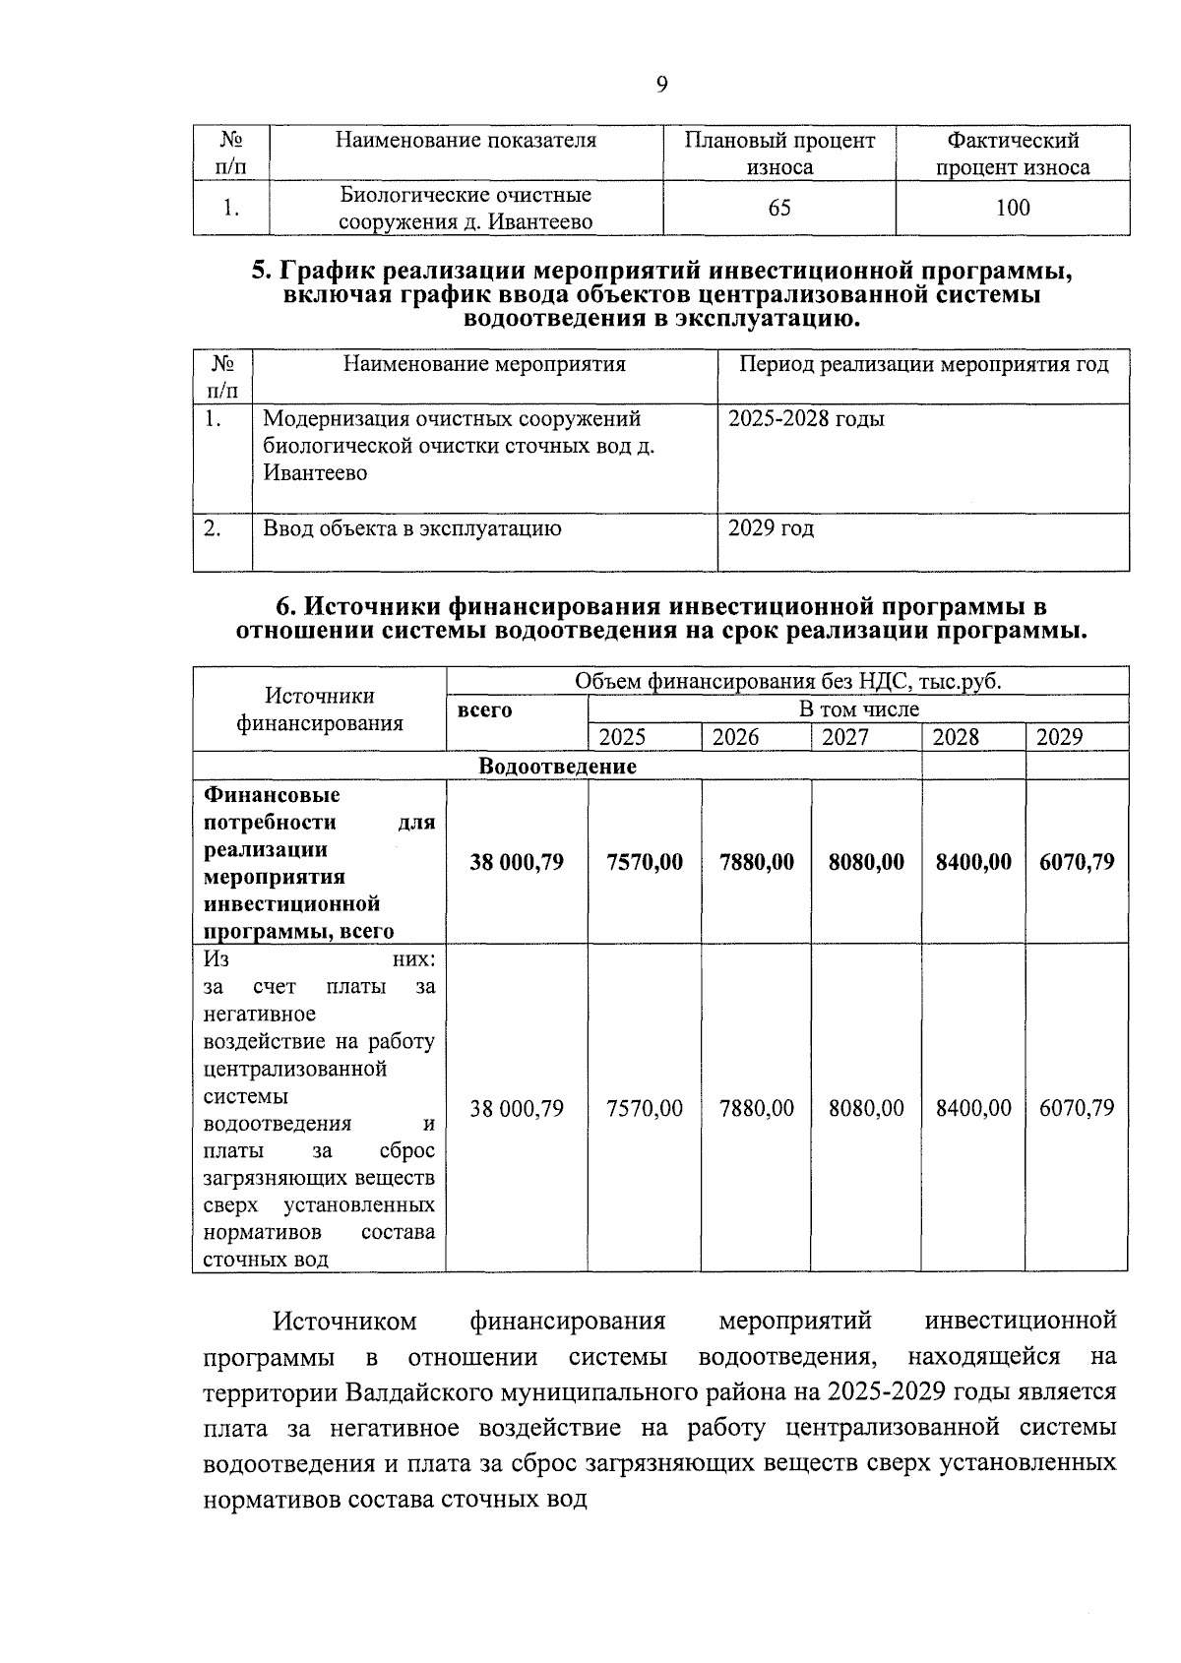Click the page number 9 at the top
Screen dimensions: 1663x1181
pyautogui.click(x=661, y=85)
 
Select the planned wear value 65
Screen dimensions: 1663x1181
pyautogui.click(x=779, y=208)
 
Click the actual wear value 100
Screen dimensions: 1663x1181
pyautogui.click(x=1012, y=208)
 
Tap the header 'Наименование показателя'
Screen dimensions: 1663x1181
pyautogui.click(x=466, y=140)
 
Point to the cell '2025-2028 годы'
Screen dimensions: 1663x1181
pyautogui.click(x=806, y=419)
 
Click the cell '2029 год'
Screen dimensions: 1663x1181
pyautogui.click(x=771, y=528)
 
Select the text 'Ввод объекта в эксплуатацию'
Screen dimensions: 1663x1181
pyautogui.click(x=412, y=528)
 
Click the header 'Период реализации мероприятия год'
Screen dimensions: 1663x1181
pyautogui.click(x=923, y=365)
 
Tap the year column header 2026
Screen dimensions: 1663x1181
pyautogui.click(x=735, y=737)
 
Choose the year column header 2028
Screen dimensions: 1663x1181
pyautogui.click(x=956, y=737)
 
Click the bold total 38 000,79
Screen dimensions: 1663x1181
pyautogui.click(x=517, y=862)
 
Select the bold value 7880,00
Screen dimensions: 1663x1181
pyautogui.click(x=756, y=862)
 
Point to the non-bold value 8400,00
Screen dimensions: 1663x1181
pyautogui.click(x=973, y=1108)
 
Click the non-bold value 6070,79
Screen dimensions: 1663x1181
pyautogui.click(x=1077, y=1108)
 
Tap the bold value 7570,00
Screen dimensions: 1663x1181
pyautogui.click(x=645, y=862)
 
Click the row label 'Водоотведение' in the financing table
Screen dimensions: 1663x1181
pyautogui.click(x=557, y=766)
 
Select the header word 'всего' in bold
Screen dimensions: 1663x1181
pyautogui.click(x=485, y=709)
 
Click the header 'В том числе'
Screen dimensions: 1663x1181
pyautogui.click(x=858, y=708)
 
